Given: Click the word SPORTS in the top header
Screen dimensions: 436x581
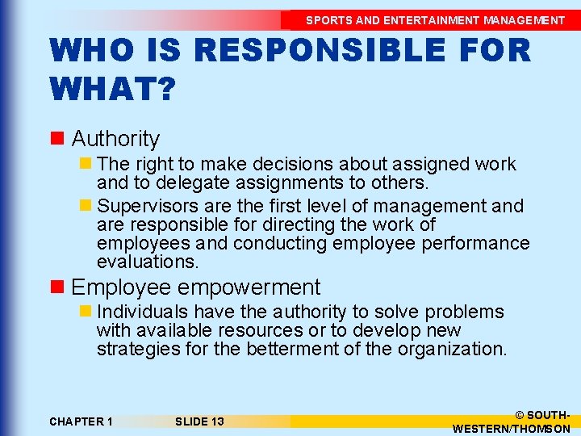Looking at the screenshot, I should [x=326, y=20].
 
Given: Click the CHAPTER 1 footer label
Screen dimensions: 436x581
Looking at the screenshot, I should [x=81, y=421].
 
